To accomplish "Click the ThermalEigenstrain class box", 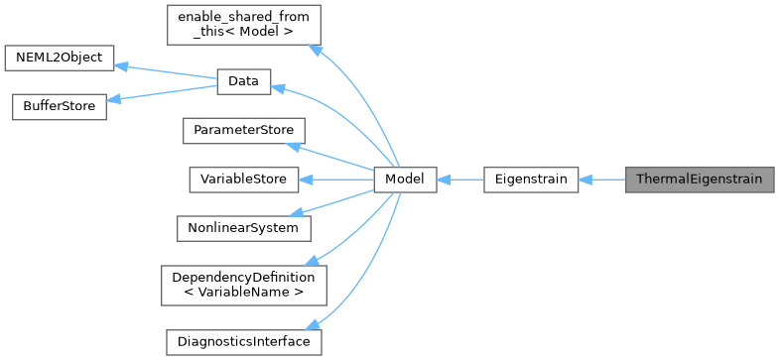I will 699,180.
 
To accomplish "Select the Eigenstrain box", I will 530,180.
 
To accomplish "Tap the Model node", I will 405,180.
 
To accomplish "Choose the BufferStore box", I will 59,107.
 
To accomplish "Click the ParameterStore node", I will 242,131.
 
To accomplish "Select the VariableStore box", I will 242,180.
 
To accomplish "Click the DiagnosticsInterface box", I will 242,341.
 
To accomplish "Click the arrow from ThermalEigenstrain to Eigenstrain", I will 601,180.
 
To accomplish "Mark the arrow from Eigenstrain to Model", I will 459,180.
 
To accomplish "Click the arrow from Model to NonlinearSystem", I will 337,202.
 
